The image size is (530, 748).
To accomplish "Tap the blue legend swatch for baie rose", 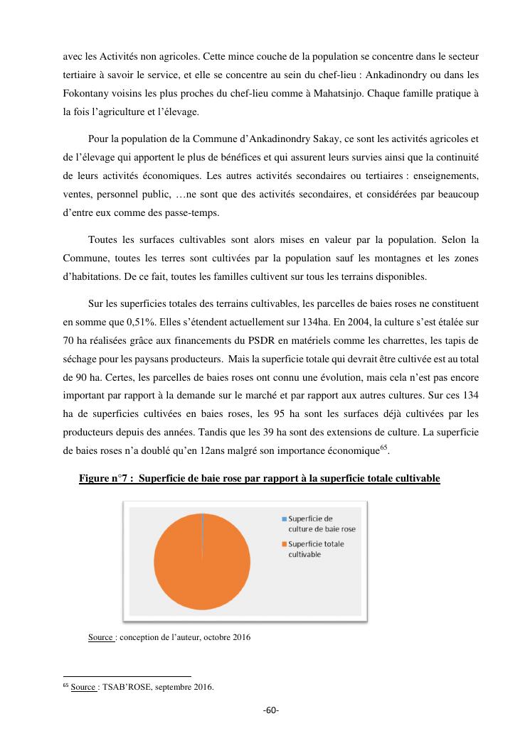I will tap(283, 519).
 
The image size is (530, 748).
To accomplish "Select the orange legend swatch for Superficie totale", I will tap(283, 544).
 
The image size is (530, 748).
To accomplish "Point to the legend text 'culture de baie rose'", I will tap(322, 529).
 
